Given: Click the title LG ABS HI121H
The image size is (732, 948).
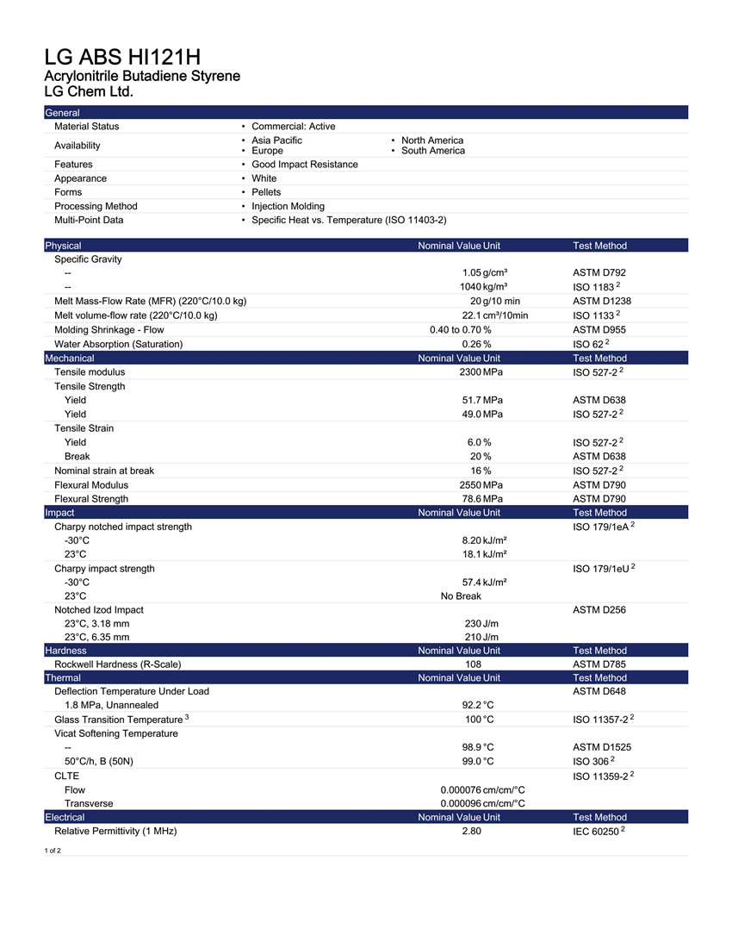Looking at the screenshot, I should (x=122, y=58).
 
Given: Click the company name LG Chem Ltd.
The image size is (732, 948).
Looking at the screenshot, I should (x=89, y=91).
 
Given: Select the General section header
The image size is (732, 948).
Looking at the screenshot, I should (x=62, y=113).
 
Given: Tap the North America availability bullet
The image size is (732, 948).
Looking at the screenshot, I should (x=431, y=140).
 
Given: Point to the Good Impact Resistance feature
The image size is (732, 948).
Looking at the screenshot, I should (x=304, y=165).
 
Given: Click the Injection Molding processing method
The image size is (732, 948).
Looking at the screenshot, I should (x=288, y=206).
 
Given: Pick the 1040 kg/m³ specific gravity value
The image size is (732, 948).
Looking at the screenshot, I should (x=483, y=287).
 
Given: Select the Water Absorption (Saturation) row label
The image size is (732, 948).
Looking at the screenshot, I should (x=118, y=344).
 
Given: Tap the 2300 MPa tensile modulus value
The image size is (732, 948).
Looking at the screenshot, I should (x=481, y=372).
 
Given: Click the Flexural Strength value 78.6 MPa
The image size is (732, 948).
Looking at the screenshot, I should (x=482, y=499).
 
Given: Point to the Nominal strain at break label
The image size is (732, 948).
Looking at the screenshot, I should (x=104, y=471).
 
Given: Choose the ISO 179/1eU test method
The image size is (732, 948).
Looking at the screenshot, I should (x=603, y=569).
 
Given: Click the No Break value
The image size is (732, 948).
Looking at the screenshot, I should (x=461, y=596).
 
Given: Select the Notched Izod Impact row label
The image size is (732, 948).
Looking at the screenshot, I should (x=99, y=610).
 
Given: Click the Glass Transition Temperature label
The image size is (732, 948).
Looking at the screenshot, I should (x=118, y=720).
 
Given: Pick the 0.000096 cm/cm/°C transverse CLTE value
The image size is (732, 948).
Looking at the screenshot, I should (x=482, y=803).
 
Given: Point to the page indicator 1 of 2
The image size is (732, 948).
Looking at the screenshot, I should (x=53, y=851).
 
